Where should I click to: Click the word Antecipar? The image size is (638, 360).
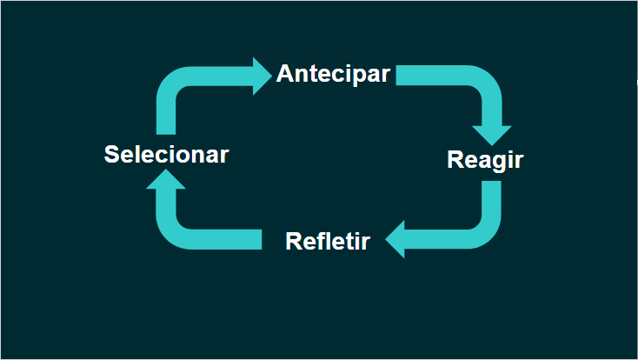tap(333, 74)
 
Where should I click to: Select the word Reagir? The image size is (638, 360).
tap(485, 160)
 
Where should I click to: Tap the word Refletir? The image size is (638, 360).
tap(328, 241)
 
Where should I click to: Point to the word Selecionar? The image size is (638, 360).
tap(166, 155)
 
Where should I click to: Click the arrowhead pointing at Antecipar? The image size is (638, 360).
tap(261, 77)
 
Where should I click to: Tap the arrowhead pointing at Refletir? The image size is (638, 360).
tap(396, 239)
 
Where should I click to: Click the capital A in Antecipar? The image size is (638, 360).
tap(285, 74)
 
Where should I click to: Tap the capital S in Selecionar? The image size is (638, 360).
tap(110, 155)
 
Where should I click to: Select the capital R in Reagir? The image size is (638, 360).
tap(455, 160)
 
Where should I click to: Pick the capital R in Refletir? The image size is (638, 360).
tap(294, 241)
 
